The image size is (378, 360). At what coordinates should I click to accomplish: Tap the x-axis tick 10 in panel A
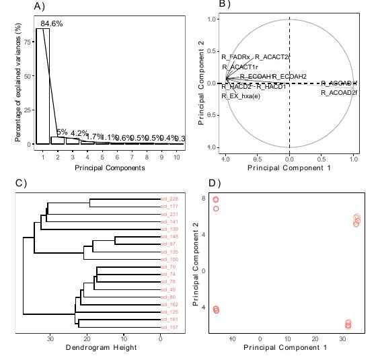coord(176,156)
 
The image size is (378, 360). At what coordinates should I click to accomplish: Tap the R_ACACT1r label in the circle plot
coord(239,67)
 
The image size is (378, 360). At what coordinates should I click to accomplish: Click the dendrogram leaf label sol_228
coord(169,199)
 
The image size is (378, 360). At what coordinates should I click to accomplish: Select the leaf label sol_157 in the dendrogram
coord(169,328)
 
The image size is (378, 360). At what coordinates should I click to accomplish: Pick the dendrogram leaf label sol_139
coord(169,229)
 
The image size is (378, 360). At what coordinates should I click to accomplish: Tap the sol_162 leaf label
coord(169,305)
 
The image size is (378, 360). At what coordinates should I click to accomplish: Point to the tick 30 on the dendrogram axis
coord(50,339)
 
